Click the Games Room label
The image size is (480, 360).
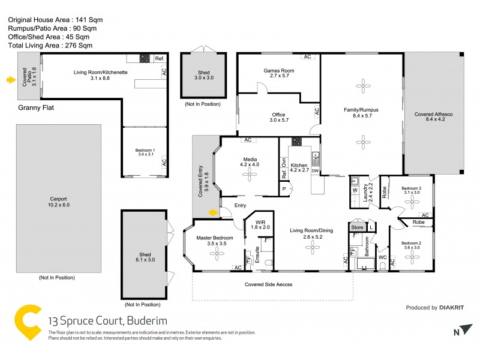[x=278, y=71]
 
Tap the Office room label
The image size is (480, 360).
[x=278, y=115]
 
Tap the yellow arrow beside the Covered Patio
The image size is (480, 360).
[x=10, y=79]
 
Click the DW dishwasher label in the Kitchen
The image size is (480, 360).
[x=315, y=172]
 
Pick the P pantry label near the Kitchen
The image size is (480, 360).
[x=284, y=188]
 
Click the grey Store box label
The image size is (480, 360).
[x=358, y=227]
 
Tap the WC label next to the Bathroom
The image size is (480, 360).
[x=381, y=258]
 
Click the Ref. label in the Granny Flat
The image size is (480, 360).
[x=159, y=59]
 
